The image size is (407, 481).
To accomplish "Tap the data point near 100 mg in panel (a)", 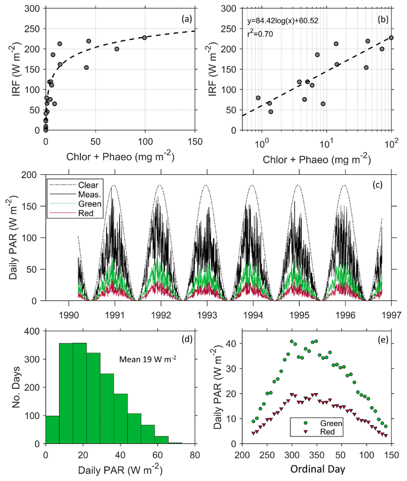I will (145, 38).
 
